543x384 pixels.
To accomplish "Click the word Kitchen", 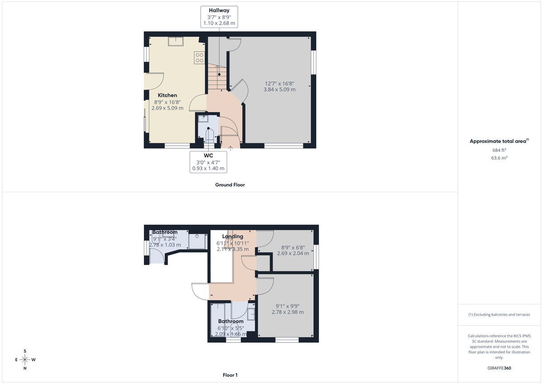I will click(x=167, y=95).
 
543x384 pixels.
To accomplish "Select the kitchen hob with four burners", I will click(x=199, y=57).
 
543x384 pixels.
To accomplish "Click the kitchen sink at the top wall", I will click(x=176, y=41).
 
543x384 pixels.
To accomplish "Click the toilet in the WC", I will click(x=209, y=135).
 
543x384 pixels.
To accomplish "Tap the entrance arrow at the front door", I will click(x=231, y=147).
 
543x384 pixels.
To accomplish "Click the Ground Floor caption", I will click(x=230, y=185).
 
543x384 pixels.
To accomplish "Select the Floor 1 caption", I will click(x=230, y=375).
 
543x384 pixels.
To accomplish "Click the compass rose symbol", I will click(x=25, y=360).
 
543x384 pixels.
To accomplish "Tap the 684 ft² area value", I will click(x=499, y=150).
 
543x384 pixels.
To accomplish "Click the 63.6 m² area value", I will click(x=499, y=158).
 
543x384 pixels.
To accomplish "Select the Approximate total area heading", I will click(x=498, y=141).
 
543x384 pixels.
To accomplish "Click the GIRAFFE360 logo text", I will click(x=500, y=368).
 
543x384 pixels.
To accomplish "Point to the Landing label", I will click(x=233, y=236).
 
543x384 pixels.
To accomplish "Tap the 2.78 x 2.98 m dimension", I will click(x=287, y=312).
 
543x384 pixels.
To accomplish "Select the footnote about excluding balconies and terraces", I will click(x=499, y=314).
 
